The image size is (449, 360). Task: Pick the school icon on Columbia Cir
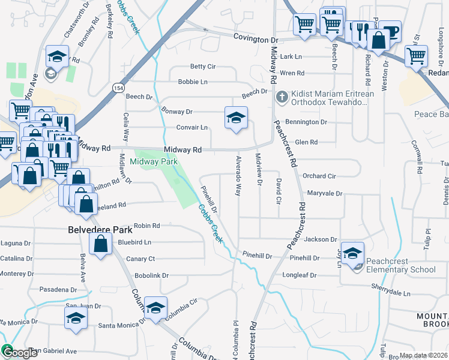click(156, 309)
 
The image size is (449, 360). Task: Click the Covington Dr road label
click(256, 39)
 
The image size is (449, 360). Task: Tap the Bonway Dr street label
click(176, 112)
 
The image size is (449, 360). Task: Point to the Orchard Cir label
click(319, 176)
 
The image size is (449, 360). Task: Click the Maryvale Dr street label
click(324, 194)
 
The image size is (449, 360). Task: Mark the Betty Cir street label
click(202, 66)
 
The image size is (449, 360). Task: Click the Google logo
click(20, 353)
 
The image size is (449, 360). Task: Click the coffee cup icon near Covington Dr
click(391, 31)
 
